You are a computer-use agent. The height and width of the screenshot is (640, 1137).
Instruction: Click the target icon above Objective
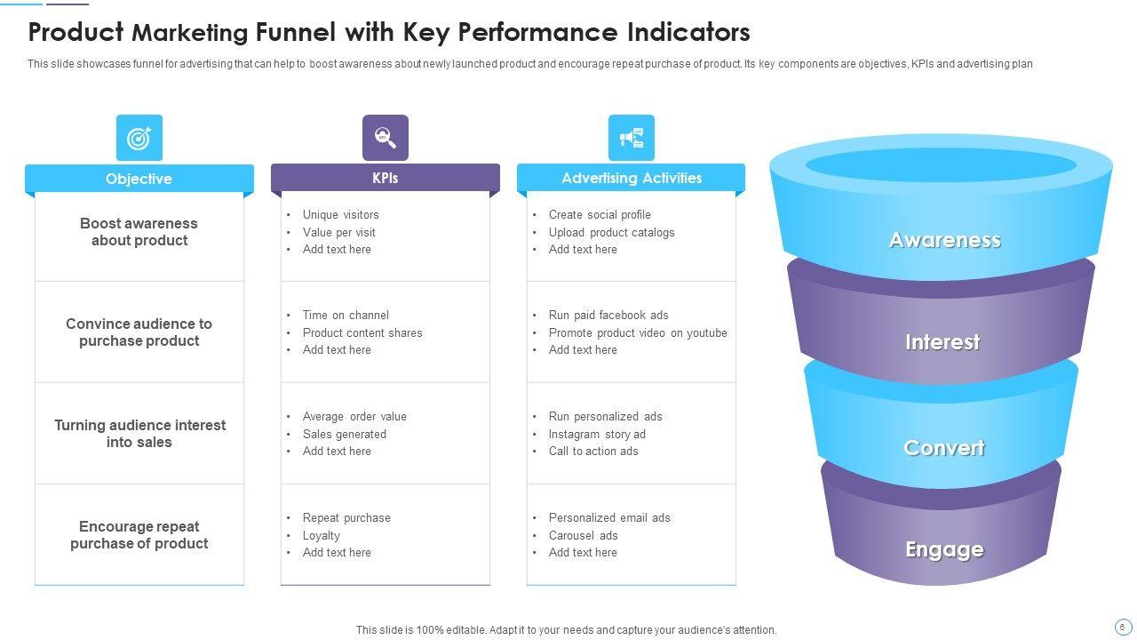tap(139, 138)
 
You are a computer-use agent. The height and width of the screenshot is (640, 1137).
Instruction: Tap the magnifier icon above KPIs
tap(386, 138)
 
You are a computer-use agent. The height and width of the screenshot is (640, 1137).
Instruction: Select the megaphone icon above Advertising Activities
tap(632, 138)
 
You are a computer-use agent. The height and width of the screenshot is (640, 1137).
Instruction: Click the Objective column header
tap(139, 179)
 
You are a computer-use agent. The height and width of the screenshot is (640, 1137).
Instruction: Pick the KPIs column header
tap(386, 178)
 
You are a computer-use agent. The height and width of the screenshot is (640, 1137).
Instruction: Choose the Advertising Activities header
tap(632, 178)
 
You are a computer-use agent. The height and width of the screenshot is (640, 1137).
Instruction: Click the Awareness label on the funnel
tap(944, 240)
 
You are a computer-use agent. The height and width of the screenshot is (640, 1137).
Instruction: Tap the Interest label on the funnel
tap(942, 342)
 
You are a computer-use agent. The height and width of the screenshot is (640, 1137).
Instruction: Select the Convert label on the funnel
tap(943, 448)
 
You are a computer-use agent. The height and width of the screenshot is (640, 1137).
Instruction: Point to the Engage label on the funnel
tap(944, 549)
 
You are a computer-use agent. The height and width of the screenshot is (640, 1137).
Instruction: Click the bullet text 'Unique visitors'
tap(340, 215)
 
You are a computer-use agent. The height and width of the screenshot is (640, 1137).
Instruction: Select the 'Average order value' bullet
tap(354, 417)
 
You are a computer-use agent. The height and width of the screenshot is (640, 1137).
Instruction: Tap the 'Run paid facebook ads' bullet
tap(608, 316)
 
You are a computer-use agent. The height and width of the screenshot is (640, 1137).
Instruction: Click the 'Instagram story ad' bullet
tap(597, 435)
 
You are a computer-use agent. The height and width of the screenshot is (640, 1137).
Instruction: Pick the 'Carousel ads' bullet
tap(583, 536)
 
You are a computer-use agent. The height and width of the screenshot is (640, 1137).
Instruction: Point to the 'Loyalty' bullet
tap(321, 536)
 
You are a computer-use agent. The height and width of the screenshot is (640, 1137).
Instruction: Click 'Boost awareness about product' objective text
tap(139, 232)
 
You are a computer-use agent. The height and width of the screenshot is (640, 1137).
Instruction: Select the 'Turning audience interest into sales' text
tap(139, 434)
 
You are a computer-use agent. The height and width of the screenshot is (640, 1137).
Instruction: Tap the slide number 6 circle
tap(1122, 627)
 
